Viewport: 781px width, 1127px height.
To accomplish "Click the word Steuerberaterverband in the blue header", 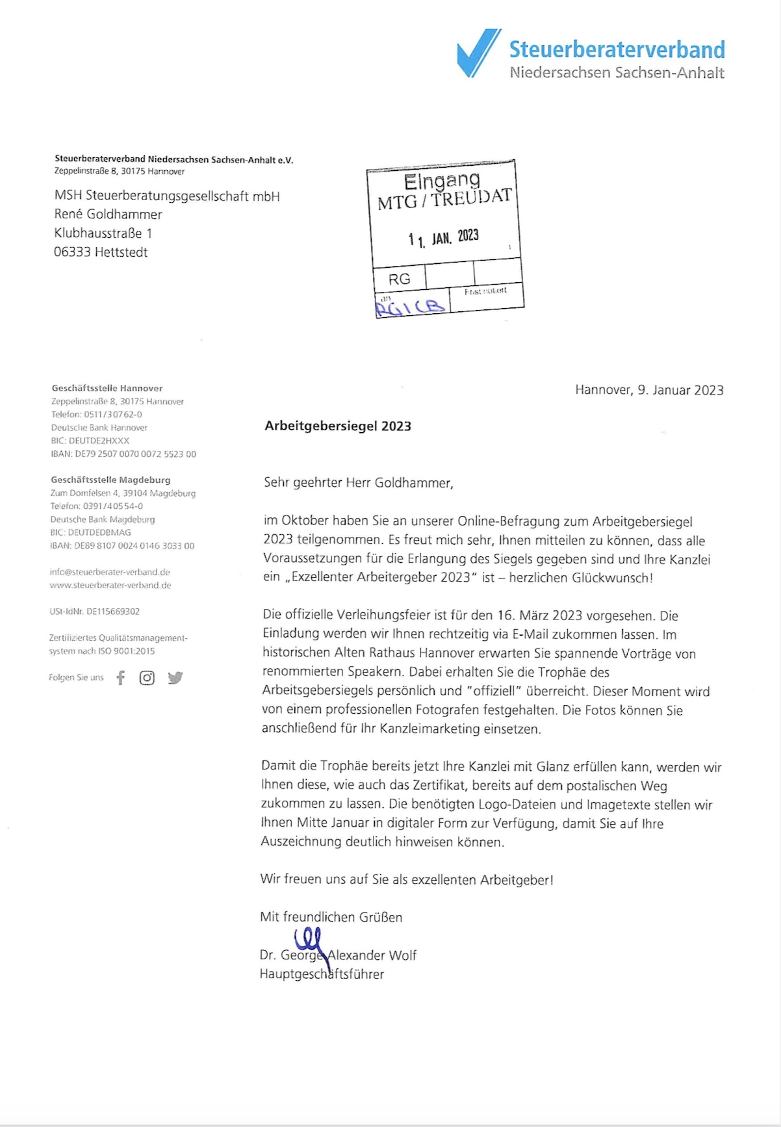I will (617, 50).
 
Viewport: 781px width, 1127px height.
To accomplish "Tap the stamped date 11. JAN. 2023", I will (444, 238).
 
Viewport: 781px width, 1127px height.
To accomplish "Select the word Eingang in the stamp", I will (442, 181).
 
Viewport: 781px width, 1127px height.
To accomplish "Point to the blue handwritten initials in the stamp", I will (411, 306).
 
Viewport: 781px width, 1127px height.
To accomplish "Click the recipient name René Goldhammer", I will (108, 214).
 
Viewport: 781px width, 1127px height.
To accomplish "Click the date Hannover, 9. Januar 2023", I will (649, 390).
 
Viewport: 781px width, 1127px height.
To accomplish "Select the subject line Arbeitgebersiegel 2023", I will (338, 426).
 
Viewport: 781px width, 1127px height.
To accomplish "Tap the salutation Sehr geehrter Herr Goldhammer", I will (358, 483).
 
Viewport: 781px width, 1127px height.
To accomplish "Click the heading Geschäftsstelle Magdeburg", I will (110, 480).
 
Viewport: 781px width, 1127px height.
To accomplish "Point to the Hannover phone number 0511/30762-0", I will (113, 415).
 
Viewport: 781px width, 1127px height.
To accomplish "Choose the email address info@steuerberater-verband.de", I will (110, 572).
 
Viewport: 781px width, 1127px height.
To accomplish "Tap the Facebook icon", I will (120, 678).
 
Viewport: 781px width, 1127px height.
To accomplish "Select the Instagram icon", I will (147, 678).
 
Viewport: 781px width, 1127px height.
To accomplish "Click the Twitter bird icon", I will (175, 678).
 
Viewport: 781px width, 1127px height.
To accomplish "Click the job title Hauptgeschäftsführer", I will (322, 974).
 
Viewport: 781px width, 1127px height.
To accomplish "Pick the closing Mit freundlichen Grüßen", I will (331, 917).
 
